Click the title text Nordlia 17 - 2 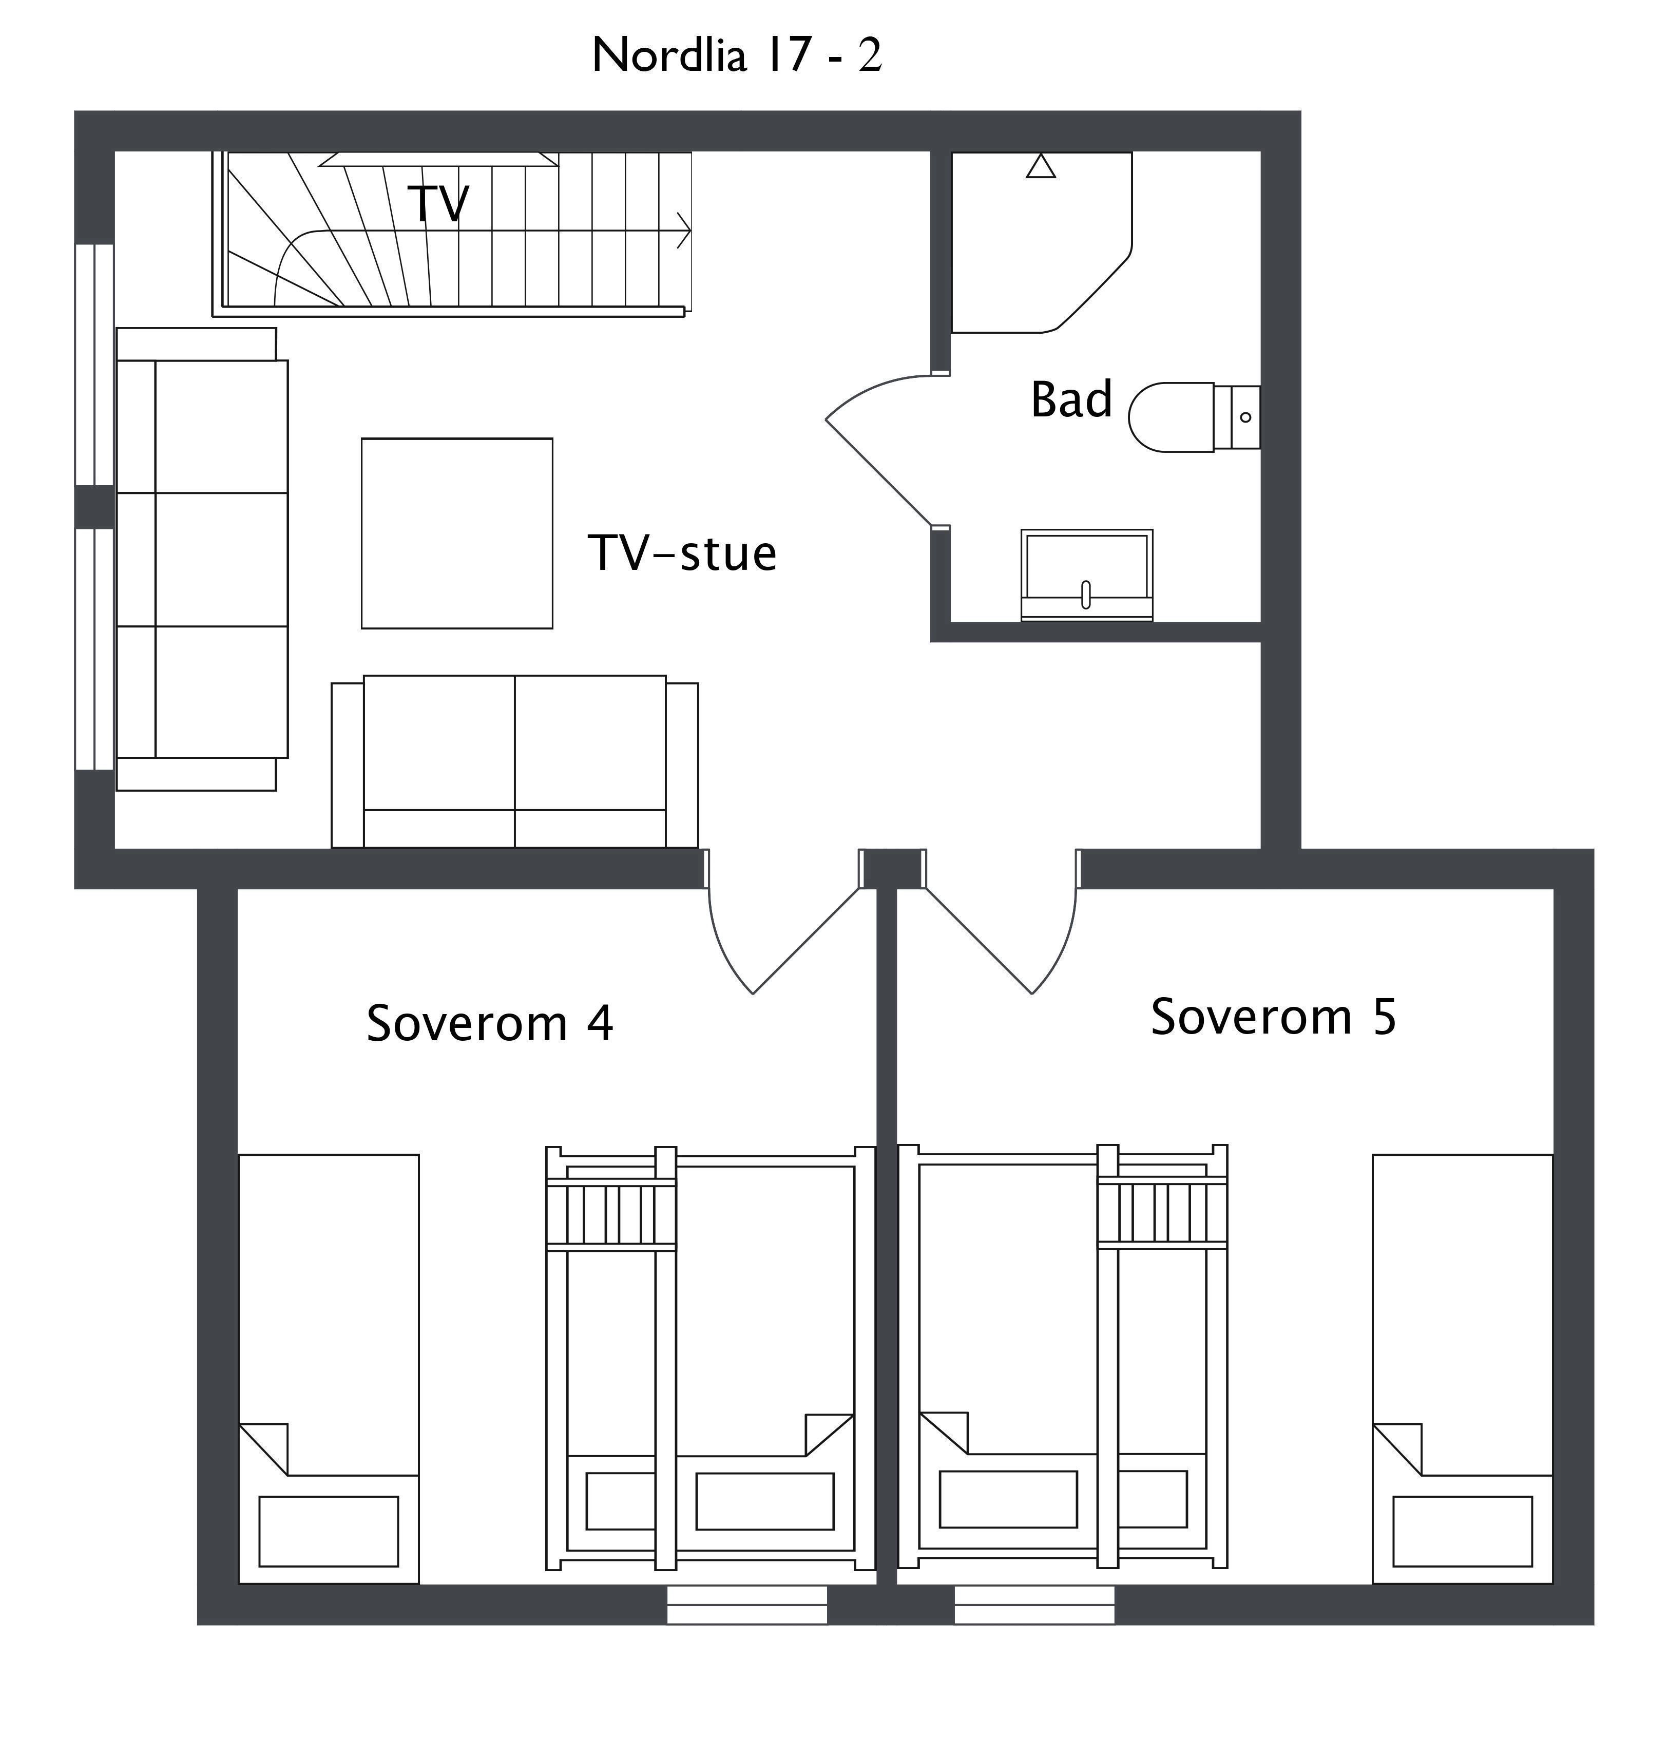click(x=736, y=55)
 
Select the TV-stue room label click(x=681, y=552)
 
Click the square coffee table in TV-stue click(x=457, y=533)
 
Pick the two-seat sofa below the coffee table click(x=514, y=761)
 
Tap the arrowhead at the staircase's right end click(x=684, y=231)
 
